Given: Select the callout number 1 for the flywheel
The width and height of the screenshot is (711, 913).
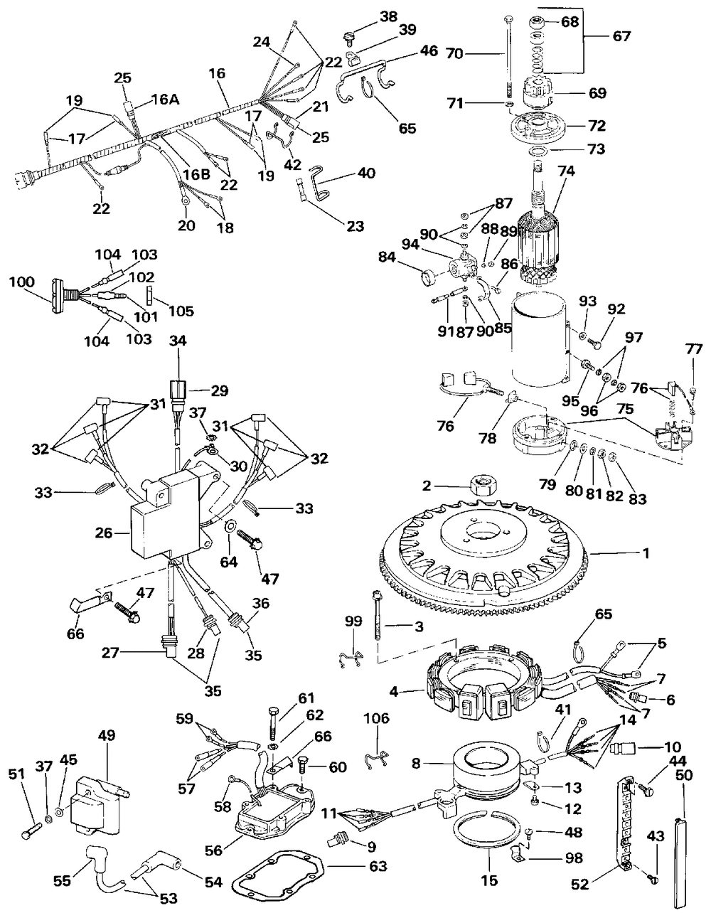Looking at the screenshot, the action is [x=646, y=553].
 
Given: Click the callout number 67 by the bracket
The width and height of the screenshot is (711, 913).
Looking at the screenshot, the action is [x=621, y=36].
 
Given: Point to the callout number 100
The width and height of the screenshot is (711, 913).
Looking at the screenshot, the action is [x=22, y=281].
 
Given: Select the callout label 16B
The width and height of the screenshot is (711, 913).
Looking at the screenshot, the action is [x=196, y=174].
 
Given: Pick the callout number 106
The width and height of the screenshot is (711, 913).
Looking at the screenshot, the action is [x=377, y=718].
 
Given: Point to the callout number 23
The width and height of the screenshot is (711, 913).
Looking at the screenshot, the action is [x=355, y=226].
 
